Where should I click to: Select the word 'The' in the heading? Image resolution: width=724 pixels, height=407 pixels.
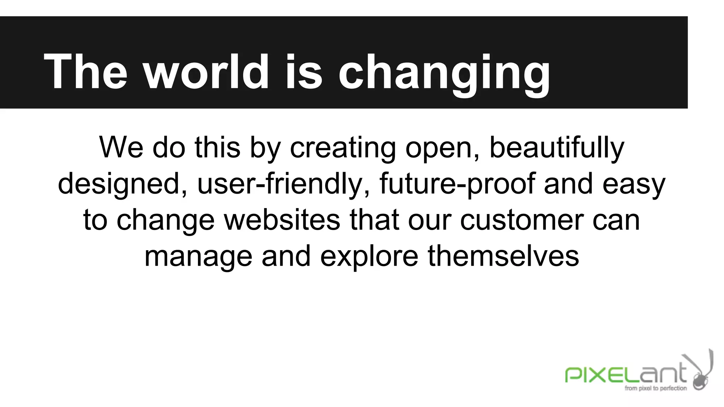pyautogui.click(x=85, y=71)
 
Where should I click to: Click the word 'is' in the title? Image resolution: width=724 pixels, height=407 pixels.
pyautogui.click(x=304, y=71)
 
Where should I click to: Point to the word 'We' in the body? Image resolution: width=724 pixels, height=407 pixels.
pyautogui.click(x=121, y=147)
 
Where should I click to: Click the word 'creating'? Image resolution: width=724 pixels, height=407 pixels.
pyautogui.click(x=343, y=148)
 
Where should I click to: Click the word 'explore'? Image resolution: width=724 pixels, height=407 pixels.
pyautogui.click(x=369, y=257)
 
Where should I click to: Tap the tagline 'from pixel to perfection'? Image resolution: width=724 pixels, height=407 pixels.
pyautogui.click(x=655, y=388)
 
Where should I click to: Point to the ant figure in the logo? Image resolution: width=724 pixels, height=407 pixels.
pyautogui.click(x=702, y=374)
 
